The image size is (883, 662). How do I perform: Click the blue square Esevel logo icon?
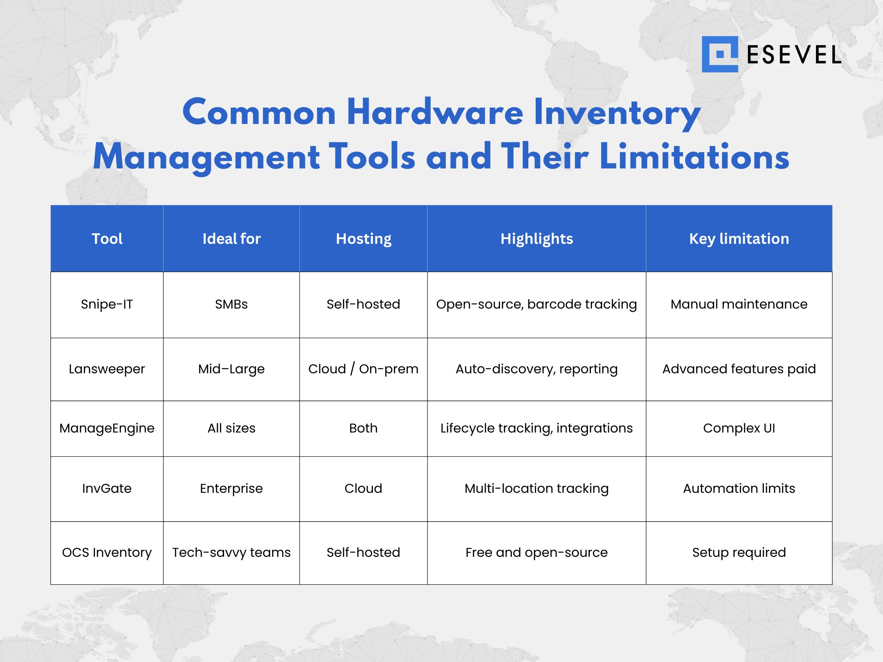(x=720, y=54)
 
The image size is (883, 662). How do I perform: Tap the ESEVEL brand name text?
(x=794, y=55)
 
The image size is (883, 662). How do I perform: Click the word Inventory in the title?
(x=617, y=113)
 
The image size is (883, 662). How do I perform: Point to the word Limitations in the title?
(x=694, y=156)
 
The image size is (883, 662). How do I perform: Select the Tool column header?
(x=107, y=239)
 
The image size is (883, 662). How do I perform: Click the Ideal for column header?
(x=231, y=239)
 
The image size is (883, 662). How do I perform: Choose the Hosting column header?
(x=364, y=239)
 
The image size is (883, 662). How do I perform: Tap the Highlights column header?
(x=537, y=239)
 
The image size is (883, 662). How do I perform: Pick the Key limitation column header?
(x=739, y=239)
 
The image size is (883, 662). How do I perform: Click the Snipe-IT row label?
(x=107, y=304)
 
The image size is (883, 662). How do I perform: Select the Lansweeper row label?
(x=107, y=369)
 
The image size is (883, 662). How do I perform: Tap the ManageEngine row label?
(x=107, y=428)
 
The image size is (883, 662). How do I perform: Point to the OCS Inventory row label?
(x=107, y=553)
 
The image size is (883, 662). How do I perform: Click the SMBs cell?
(x=231, y=304)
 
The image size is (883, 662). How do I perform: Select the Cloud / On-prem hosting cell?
(x=363, y=369)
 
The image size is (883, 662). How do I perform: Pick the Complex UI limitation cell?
(x=739, y=428)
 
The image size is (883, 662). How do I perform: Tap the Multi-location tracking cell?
(x=537, y=488)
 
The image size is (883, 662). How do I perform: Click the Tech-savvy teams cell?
(x=231, y=553)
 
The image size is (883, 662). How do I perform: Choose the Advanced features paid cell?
(x=739, y=369)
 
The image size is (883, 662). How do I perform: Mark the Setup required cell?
(x=739, y=553)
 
